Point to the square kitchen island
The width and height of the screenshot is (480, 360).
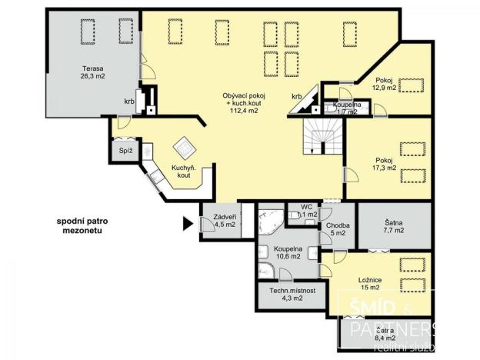184,146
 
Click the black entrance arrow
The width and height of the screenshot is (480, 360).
185,225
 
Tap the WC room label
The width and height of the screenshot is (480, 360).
306,211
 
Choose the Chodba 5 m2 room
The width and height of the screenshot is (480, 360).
337,228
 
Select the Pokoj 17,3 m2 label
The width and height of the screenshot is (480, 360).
385,164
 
